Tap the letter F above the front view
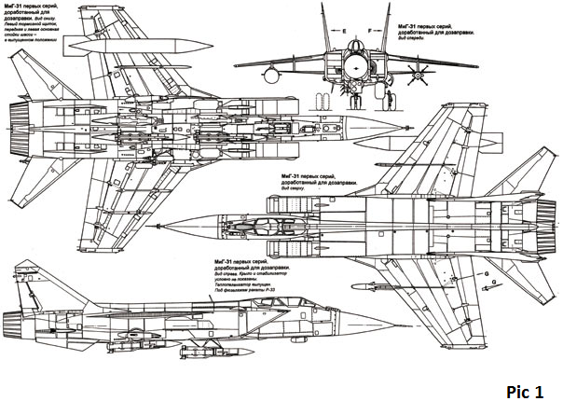point(371,32)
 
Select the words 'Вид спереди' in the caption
point(415,37)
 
